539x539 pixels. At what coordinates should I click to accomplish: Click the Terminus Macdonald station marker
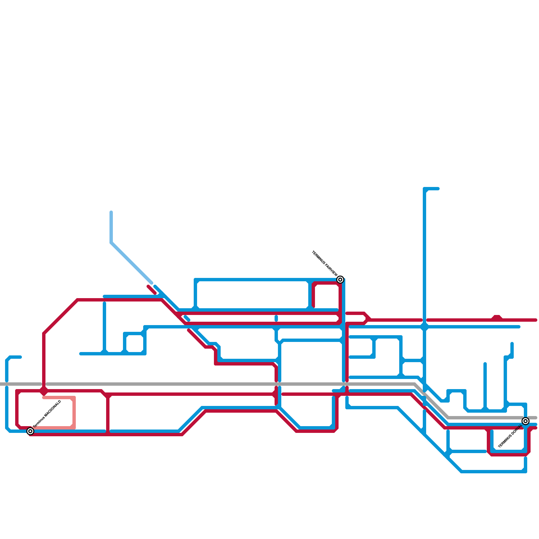point(30,431)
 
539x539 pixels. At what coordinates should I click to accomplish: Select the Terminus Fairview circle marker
point(340,280)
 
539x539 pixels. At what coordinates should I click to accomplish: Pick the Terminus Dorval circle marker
point(525,421)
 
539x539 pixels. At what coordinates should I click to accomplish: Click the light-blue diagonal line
point(131,263)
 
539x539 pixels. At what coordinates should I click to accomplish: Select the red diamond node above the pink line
point(44,391)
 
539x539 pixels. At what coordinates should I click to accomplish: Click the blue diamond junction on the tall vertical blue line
point(424,326)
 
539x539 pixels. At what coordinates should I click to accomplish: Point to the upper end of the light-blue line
point(111,212)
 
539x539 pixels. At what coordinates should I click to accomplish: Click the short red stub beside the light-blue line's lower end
point(152,290)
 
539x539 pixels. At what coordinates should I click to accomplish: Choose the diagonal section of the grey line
point(431,401)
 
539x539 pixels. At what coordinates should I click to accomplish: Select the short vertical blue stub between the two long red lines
point(276,318)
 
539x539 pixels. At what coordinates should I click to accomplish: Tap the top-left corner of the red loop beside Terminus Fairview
point(314,284)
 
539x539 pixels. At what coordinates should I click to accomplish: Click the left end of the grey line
point(2,384)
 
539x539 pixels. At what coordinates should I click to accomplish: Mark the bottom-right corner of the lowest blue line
point(525,471)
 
